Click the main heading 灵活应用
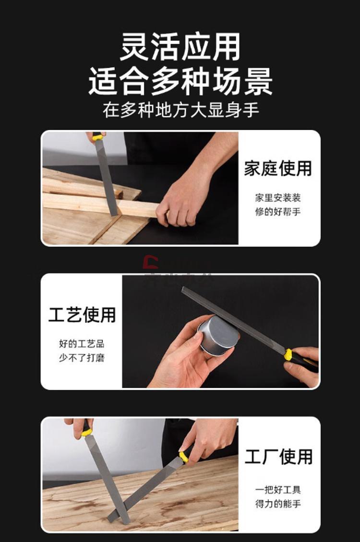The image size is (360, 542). pos(180,47)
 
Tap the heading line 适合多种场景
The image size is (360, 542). pos(180,81)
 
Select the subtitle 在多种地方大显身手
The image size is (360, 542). pos(180,110)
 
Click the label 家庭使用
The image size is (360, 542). pos(278,169)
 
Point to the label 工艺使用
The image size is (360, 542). pos(82,314)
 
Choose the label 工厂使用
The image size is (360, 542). pos(278,457)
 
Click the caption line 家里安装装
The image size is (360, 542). pos(278,198)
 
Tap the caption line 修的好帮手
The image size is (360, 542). pos(278,212)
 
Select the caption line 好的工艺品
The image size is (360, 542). pos(82,344)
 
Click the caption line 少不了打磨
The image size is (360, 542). pos(82,358)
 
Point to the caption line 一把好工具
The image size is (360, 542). pos(278,490)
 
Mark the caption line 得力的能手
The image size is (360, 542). pos(278,504)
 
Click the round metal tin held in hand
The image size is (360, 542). pos(217,335)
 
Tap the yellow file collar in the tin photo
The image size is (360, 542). pos(288,355)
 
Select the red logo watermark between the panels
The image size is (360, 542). pos(151,262)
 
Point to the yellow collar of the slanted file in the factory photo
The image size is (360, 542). pos(183,457)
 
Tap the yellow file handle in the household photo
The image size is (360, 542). pos(98,137)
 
